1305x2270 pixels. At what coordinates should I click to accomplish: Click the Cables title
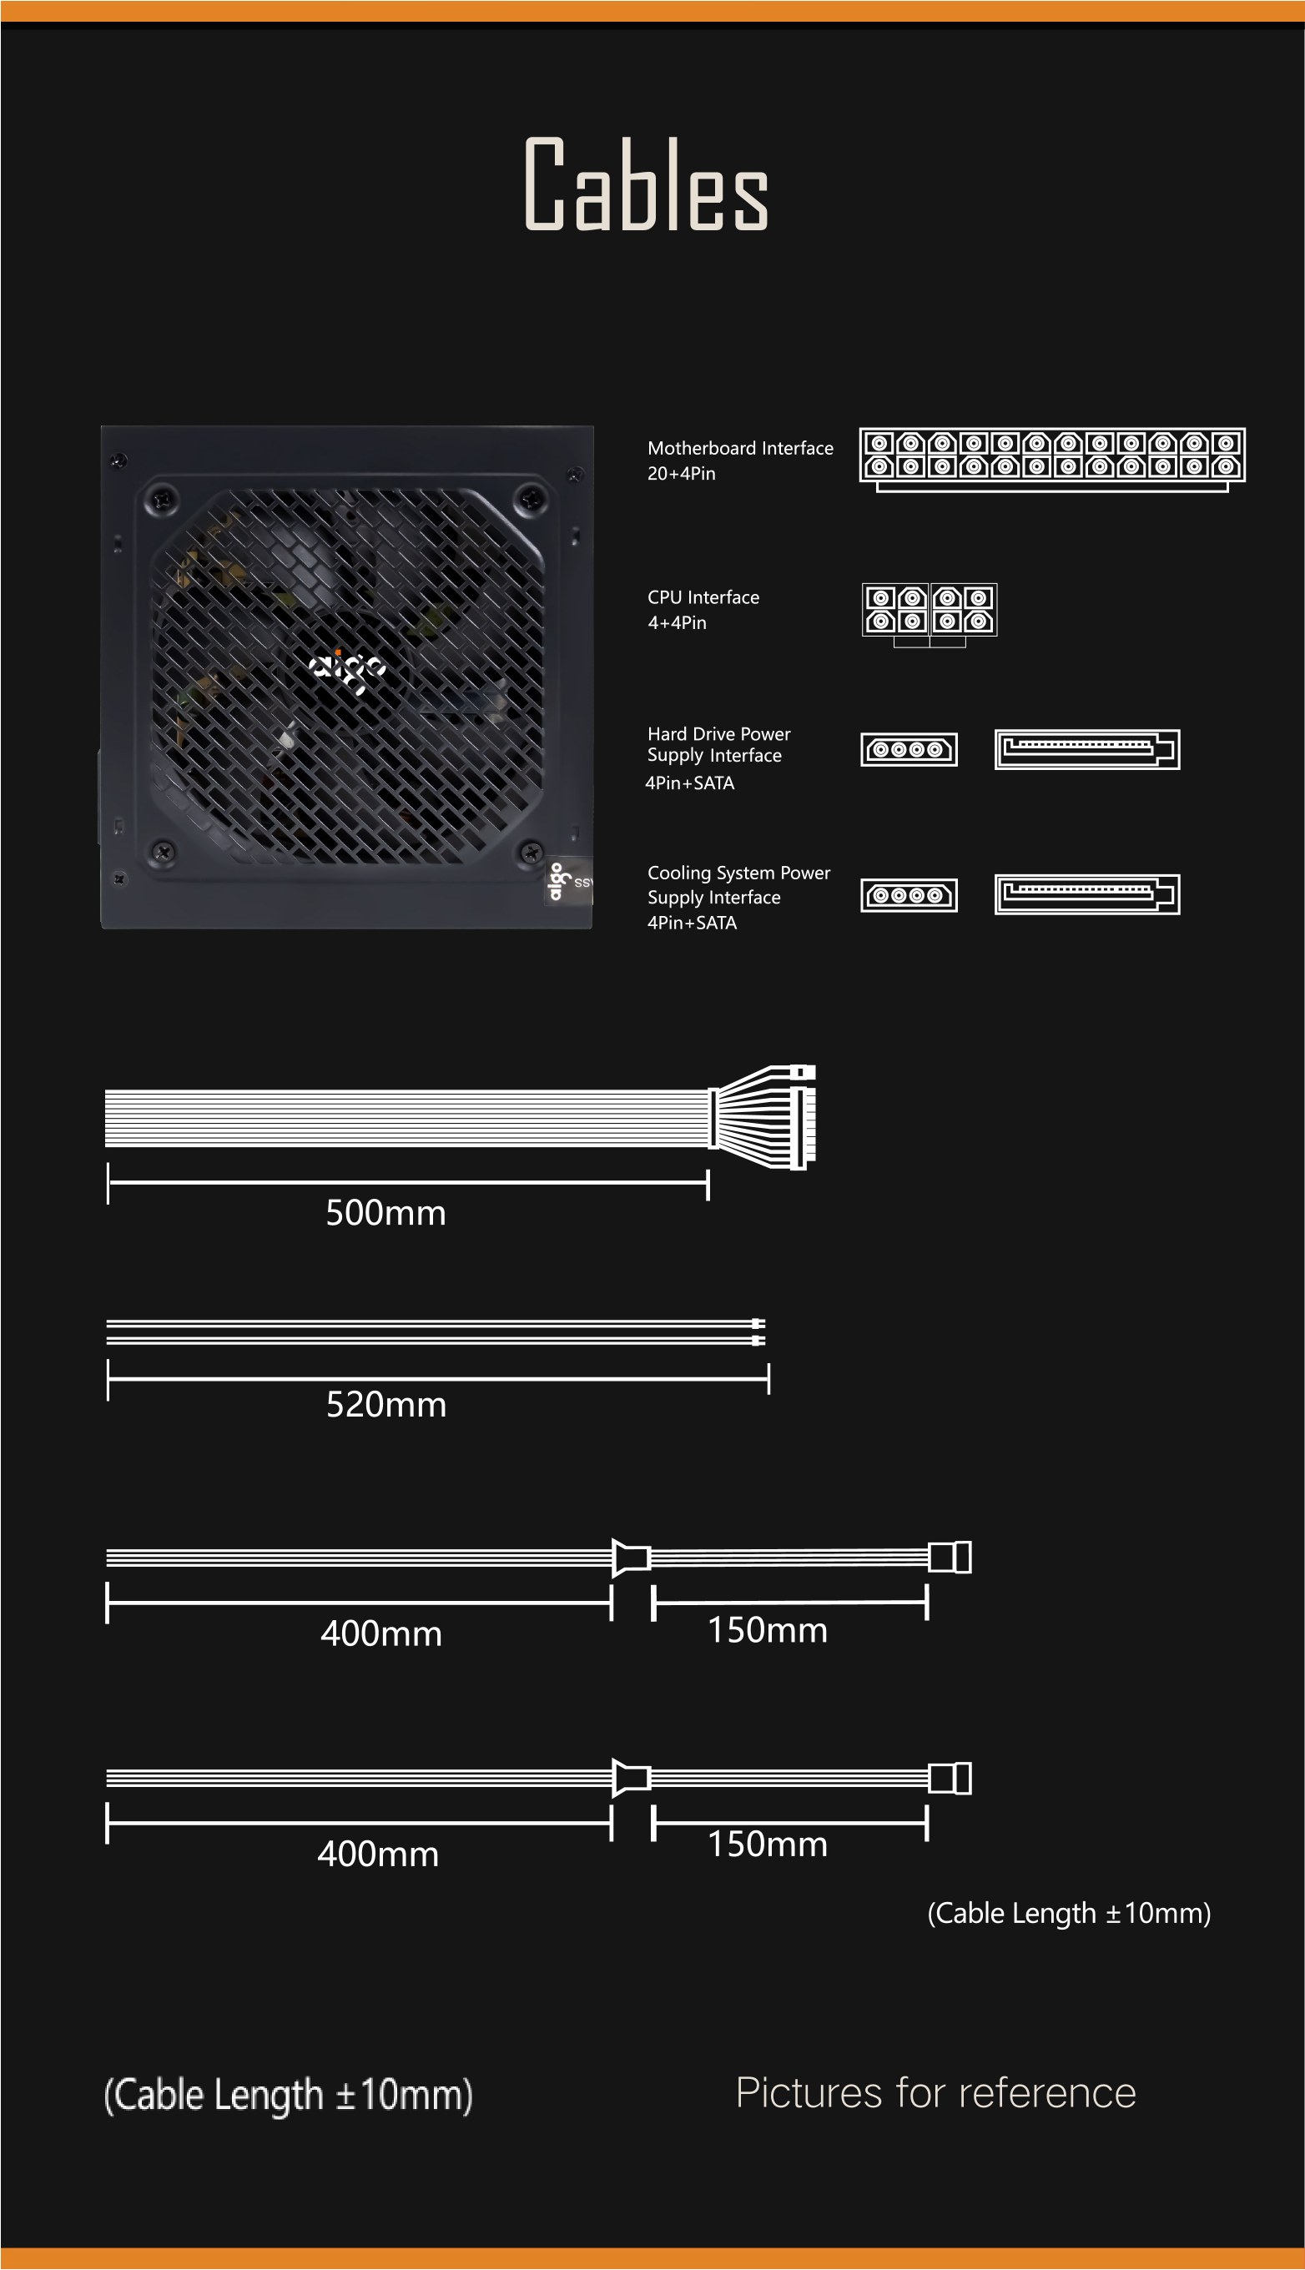(x=646, y=184)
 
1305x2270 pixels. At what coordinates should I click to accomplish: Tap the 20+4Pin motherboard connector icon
(x=1052, y=460)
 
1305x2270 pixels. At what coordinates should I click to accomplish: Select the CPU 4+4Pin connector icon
(x=930, y=614)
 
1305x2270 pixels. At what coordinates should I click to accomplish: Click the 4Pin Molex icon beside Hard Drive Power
(x=909, y=749)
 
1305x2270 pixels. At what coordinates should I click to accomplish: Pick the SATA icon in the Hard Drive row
(x=1087, y=749)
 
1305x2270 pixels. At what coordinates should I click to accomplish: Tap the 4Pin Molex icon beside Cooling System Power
(x=909, y=894)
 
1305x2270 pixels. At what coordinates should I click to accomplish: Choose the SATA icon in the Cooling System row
(x=1087, y=894)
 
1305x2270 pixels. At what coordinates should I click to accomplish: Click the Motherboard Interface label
(x=740, y=448)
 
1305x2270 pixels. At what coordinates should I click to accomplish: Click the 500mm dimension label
(x=385, y=1212)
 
